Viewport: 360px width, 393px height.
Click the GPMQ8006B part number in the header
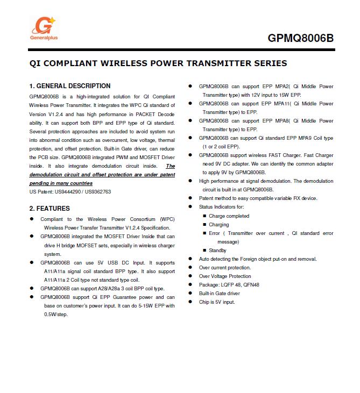tap(300, 38)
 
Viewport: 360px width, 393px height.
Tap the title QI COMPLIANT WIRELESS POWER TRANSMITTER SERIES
tap(158, 63)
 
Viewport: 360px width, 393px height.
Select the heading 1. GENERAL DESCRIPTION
tap(70, 86)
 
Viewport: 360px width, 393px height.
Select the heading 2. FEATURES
tap(50, 209)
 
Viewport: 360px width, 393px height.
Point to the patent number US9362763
tap(98, 191)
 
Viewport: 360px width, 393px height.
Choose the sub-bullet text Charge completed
tap(229, 216)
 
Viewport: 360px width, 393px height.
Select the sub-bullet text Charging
tap(218, 224)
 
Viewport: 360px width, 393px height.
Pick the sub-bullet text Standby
tap(217, 250)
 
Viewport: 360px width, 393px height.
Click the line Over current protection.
tap(225, 267)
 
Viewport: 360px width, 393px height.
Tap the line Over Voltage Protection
tap(225, 276)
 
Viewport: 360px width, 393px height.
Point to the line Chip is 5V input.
tap(217, 302)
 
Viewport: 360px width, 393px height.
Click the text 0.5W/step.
tap(56, 315)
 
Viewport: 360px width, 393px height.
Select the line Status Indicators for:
tap(221, 207)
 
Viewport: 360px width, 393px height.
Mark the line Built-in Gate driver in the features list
tap(220, 293)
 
